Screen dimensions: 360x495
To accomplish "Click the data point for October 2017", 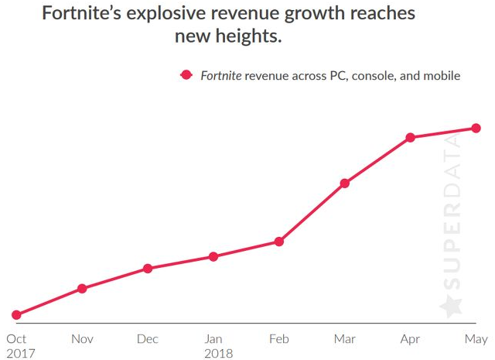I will [16, 315].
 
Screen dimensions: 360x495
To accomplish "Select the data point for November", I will [82, 289].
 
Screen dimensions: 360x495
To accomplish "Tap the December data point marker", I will [148, 269].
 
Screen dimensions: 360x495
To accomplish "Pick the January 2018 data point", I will [213, 256].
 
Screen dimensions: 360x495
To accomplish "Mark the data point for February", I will [279, 242].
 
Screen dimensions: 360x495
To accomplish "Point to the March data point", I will [345, 183].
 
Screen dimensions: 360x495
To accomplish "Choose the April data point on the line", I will [411, 138].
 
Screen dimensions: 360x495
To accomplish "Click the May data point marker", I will [476, 128].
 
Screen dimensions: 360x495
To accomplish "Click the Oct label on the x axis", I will [16, 339].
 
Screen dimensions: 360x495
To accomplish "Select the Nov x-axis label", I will [82, 339].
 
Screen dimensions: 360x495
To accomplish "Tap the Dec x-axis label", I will [148, 339].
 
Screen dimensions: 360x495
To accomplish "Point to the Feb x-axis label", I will [279, 339].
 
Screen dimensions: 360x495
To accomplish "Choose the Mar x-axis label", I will [345, 339].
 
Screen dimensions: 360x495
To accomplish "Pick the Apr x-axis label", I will [411, 339].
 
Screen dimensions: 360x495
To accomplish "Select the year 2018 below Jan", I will [218, 353].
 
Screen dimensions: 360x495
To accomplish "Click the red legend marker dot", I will [186, 75].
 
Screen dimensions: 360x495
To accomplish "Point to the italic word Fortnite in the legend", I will [222, 75].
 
